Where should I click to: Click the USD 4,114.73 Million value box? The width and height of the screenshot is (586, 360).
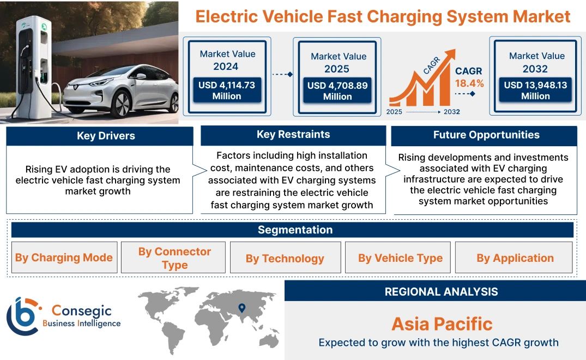pos(227,91)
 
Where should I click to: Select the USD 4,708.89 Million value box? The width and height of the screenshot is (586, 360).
pos(337,91)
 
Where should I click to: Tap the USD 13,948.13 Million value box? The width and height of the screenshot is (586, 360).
pos(535,91)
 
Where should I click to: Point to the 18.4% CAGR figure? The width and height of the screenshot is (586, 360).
pos(469,83)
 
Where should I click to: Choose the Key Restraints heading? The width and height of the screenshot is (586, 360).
pos(293,135)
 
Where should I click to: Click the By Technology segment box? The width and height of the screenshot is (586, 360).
pos(285,258)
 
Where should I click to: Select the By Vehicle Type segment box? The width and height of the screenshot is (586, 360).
pos(400,258)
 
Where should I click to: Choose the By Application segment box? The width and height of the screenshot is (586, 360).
pos(515,258)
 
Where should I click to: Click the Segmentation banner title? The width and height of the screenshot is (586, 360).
pos(295,230)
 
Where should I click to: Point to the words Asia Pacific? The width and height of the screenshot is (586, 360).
pos(442,324)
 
